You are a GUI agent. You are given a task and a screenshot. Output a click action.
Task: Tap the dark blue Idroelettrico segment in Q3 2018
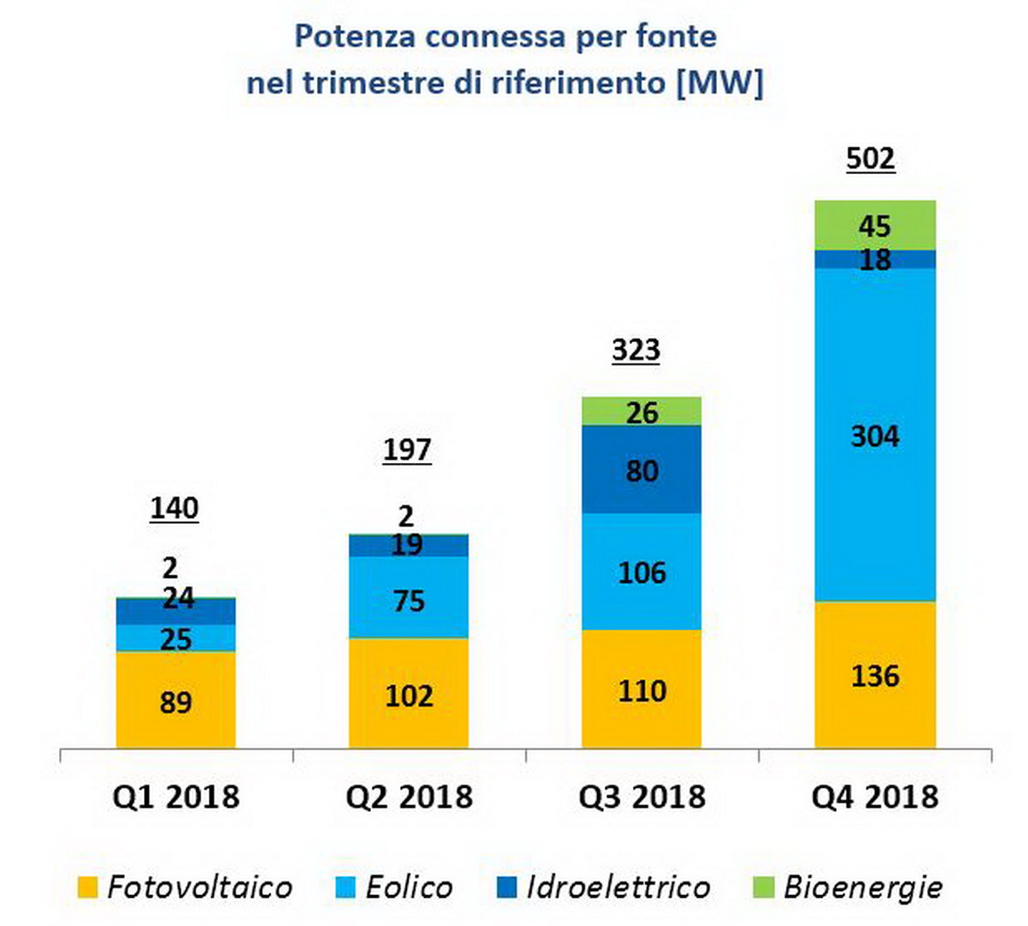tap(642, 470)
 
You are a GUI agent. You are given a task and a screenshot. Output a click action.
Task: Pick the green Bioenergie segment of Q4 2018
tap(875, 225)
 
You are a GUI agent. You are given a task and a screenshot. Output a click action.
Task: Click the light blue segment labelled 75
tap(409, 600)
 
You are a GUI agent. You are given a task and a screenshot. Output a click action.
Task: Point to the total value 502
tap(870, 159)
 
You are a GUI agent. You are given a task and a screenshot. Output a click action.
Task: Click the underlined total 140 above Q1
tap(175, 508)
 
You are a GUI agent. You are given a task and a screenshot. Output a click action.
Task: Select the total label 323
tap(636, 351)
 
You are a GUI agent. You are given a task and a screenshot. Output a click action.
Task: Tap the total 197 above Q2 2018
tap(407, 450)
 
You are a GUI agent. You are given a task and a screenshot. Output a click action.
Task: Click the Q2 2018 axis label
tap(409, 797)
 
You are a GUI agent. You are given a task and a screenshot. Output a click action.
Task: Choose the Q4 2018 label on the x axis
tap(875, 797)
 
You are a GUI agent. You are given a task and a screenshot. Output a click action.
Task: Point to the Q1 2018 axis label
tap(176, 797)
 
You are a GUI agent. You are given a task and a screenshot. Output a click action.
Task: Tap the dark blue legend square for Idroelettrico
tap(507, 887)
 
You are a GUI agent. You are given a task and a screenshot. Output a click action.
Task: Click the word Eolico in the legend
tap(409, 887)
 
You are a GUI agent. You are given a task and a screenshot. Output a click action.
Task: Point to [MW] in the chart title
tap(719, 83)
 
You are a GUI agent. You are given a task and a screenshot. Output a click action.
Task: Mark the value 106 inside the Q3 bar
tap(642, 573)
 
